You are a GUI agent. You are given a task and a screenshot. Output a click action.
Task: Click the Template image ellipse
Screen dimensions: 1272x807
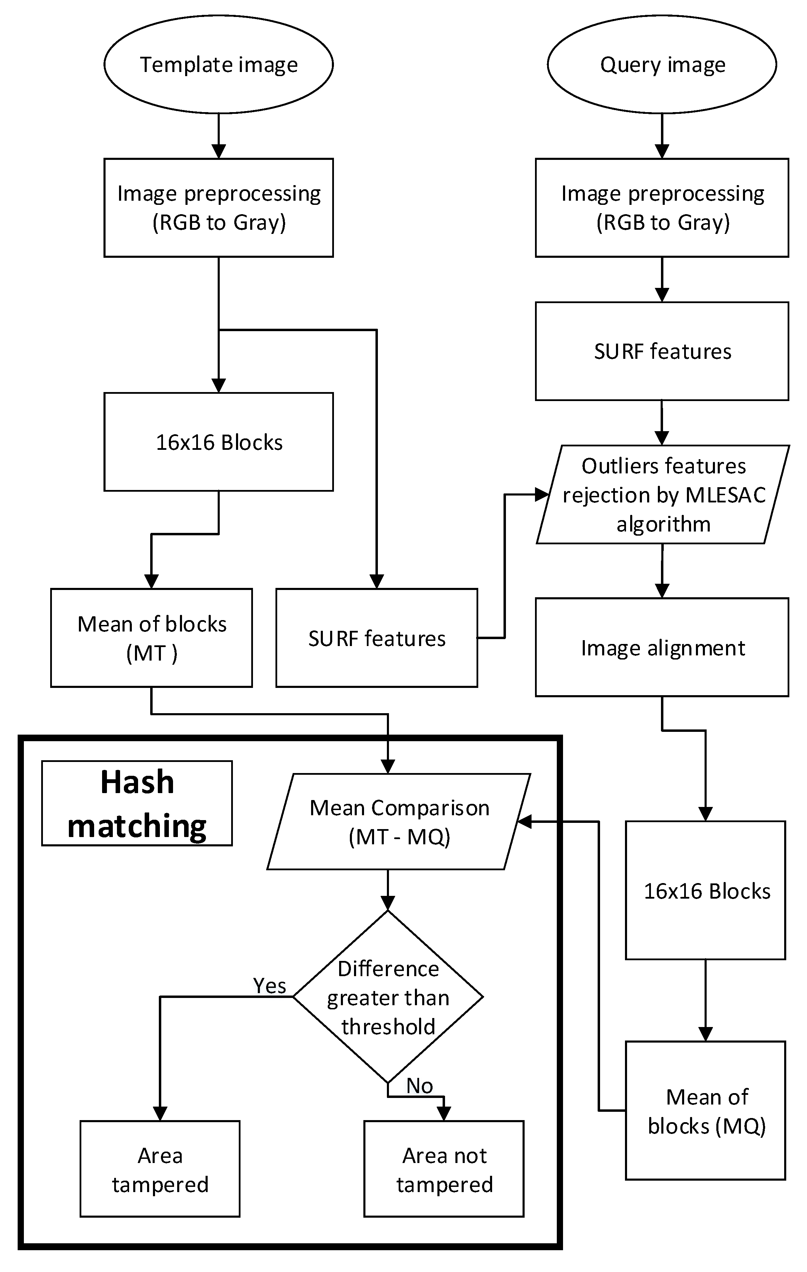coord(218,64)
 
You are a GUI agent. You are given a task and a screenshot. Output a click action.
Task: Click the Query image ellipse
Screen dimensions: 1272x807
coord(662,64)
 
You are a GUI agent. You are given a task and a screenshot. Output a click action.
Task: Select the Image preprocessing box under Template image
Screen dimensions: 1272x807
coord(218,208)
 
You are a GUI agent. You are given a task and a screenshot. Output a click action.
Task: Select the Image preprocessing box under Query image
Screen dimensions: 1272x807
coord(662,208)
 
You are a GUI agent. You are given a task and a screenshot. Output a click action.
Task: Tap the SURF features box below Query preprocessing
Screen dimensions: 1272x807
coord(662,351)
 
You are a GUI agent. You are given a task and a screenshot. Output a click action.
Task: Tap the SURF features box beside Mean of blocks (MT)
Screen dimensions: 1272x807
coord(377,638)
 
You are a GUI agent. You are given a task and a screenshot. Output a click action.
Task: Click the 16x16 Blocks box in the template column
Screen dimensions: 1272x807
coord(218,442)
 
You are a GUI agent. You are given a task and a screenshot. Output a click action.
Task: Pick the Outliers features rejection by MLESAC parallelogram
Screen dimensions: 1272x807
coord(663,495)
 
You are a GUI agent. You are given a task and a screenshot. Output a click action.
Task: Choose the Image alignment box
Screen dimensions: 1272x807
coord(662,648)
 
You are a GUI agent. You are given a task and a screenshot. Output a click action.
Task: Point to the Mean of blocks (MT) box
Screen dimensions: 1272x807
coord(152,638)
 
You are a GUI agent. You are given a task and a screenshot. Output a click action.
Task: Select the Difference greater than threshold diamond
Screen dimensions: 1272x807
coord(388,997)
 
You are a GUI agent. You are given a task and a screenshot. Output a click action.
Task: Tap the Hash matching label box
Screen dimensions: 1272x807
coord(137,803)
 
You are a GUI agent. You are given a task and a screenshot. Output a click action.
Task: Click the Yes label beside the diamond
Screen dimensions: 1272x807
coord(269,986)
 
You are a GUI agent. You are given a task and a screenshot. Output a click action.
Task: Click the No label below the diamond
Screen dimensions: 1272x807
coord(420,1086)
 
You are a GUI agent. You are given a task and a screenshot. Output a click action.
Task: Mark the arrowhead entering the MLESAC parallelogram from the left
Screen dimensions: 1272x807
coord(542,495)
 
